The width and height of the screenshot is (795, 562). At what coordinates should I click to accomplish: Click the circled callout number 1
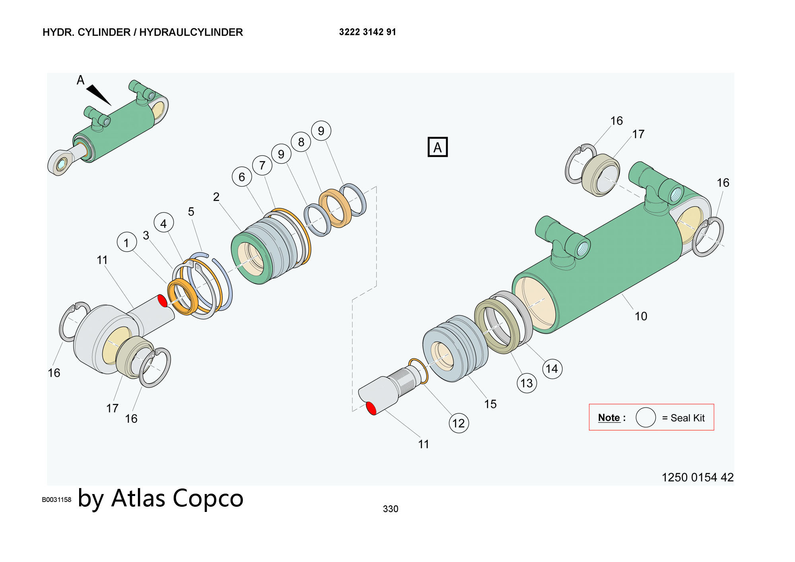[x=127, y=242]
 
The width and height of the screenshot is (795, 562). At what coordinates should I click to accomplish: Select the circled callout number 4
[x=163, y=223]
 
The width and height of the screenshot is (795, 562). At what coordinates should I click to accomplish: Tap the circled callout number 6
[x=242, y=176]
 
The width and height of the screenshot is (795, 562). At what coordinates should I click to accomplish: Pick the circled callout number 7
[x=262, y=165]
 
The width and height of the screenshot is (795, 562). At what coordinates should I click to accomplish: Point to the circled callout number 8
[x=301, y=142]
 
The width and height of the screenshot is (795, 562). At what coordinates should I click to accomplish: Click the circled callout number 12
[x=458, y=423]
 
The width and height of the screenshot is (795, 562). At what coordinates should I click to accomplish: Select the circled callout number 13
[x=526, y=383]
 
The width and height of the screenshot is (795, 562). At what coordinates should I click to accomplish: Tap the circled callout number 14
[x=552, y=369]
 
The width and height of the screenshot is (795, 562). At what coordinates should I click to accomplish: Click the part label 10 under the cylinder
[x=640, y=316]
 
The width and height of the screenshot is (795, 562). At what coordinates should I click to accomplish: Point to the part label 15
[x=490, y=404]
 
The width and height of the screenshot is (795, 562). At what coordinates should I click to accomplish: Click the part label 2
[x=216, y=197]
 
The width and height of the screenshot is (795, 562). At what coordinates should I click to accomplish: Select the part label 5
[x=191, y=212]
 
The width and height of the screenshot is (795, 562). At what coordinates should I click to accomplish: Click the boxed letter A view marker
[x=437, y=147]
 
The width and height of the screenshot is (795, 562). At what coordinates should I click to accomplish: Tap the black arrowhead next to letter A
[x=98, y=95]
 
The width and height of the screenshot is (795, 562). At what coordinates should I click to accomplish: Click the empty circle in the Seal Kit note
[x=646, y=417]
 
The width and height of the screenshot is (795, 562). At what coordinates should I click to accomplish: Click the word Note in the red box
[x=609, y=418]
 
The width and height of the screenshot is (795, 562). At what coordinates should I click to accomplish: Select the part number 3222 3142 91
[x=367, y=32]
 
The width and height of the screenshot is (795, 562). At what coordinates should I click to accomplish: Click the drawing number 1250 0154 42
[x=697, y=477]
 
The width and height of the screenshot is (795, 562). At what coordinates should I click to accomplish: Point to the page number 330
[x=390, y=509]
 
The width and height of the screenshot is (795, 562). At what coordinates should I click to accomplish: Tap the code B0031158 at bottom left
[x=56, y=500]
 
